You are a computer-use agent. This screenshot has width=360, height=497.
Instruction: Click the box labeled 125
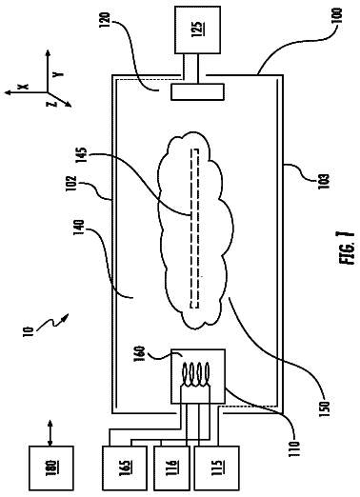click(197, 30)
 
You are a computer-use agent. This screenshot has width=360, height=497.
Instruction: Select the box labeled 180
click(51, 468)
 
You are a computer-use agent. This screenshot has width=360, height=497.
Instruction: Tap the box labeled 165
click(125, 468)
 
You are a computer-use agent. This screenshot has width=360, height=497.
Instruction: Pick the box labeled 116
click(171, 468)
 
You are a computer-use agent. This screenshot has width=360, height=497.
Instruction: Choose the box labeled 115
click(216, 468)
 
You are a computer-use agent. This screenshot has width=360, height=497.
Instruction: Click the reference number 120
click(106, 20)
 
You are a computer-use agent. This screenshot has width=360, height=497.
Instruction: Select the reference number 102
click(71, 184)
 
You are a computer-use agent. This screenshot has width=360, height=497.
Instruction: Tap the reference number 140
click(79, 228)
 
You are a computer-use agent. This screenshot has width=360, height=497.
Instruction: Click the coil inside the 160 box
click(195, 375)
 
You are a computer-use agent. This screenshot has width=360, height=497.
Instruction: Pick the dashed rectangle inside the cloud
click(194, 229)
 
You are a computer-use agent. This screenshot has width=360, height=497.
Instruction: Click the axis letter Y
click(58, 74)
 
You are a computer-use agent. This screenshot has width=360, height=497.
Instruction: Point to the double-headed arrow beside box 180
click(50, 432)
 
